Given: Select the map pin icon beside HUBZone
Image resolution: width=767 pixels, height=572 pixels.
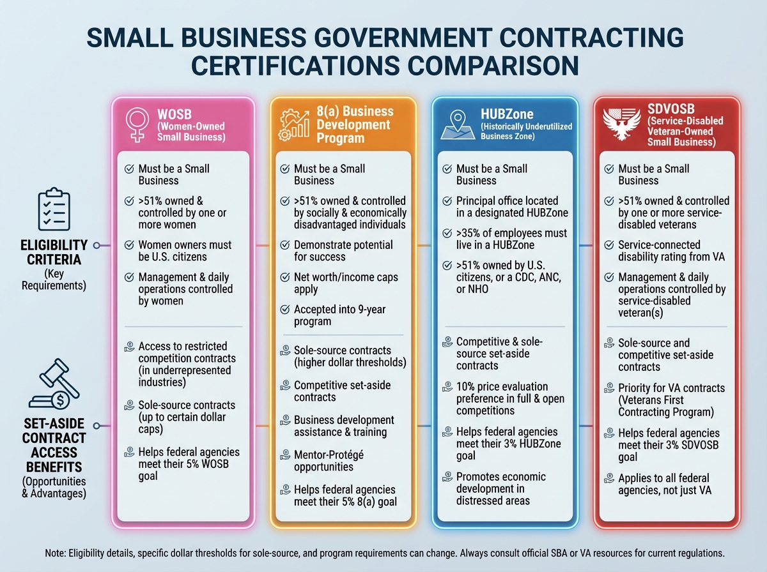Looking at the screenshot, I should [x=456, y=123].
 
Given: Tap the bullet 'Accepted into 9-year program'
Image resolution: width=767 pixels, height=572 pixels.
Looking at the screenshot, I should [x=340, y=315].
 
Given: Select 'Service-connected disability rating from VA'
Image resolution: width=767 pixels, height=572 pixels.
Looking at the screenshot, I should [x=667, y=251].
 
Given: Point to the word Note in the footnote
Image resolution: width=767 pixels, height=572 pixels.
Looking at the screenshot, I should [x=57, y=552].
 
